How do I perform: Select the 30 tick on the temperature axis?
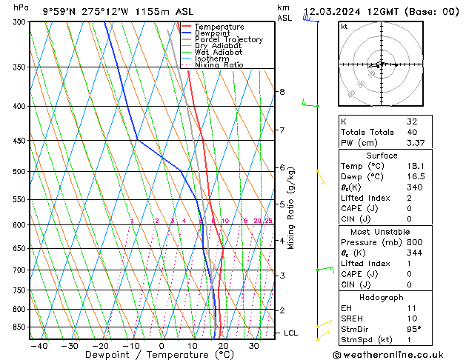(253, 346)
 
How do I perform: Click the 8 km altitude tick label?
(282, 92)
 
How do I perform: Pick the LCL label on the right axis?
(291, 333)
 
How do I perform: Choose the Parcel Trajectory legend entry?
(228, 40)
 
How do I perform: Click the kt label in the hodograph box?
(344, 27)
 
